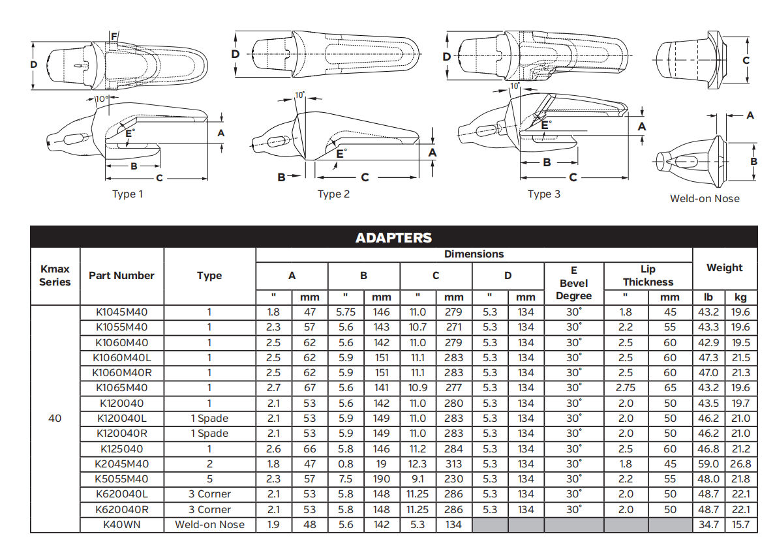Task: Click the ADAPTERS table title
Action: (393, 238)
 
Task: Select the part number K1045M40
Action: (121, 312)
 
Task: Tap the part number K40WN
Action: (121, 525)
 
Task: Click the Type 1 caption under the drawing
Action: (127, 194)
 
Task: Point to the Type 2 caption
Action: (333, 194)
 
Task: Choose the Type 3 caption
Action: (544, 194)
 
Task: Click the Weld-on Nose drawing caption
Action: (705, 199)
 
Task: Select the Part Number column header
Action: (121, 276)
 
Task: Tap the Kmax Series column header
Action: (55, 275)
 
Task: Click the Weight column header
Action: (725, 268)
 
